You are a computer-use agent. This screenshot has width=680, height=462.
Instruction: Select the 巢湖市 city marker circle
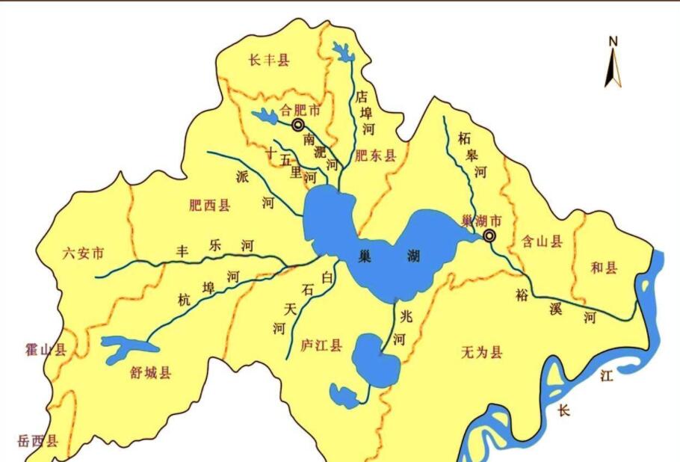pyautogui.click(x=489, y=236)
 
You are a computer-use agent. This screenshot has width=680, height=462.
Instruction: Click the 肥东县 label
pyautogui.click(x=376, y=156)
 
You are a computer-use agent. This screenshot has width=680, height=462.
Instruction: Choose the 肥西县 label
pyautogui.click(x=210, y=205)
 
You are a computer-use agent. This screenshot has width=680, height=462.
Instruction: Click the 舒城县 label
pyautogui.click(x=150, y=372)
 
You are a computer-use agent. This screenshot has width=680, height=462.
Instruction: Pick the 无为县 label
pyautogui.click(x=482, y=352)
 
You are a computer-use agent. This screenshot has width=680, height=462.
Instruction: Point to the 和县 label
pyautogui.click(x=605, y=268)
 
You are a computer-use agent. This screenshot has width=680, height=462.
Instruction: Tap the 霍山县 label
pyautogui.click(x=46, y=348)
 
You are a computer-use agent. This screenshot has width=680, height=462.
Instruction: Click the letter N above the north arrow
pyautogui.click(x=613, y=41)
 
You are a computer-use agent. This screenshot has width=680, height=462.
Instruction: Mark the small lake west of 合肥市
pyautogui.click(x=264, y=116)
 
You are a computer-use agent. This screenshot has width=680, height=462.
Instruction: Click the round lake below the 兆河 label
pyautogui.click(x=375, y=361)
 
